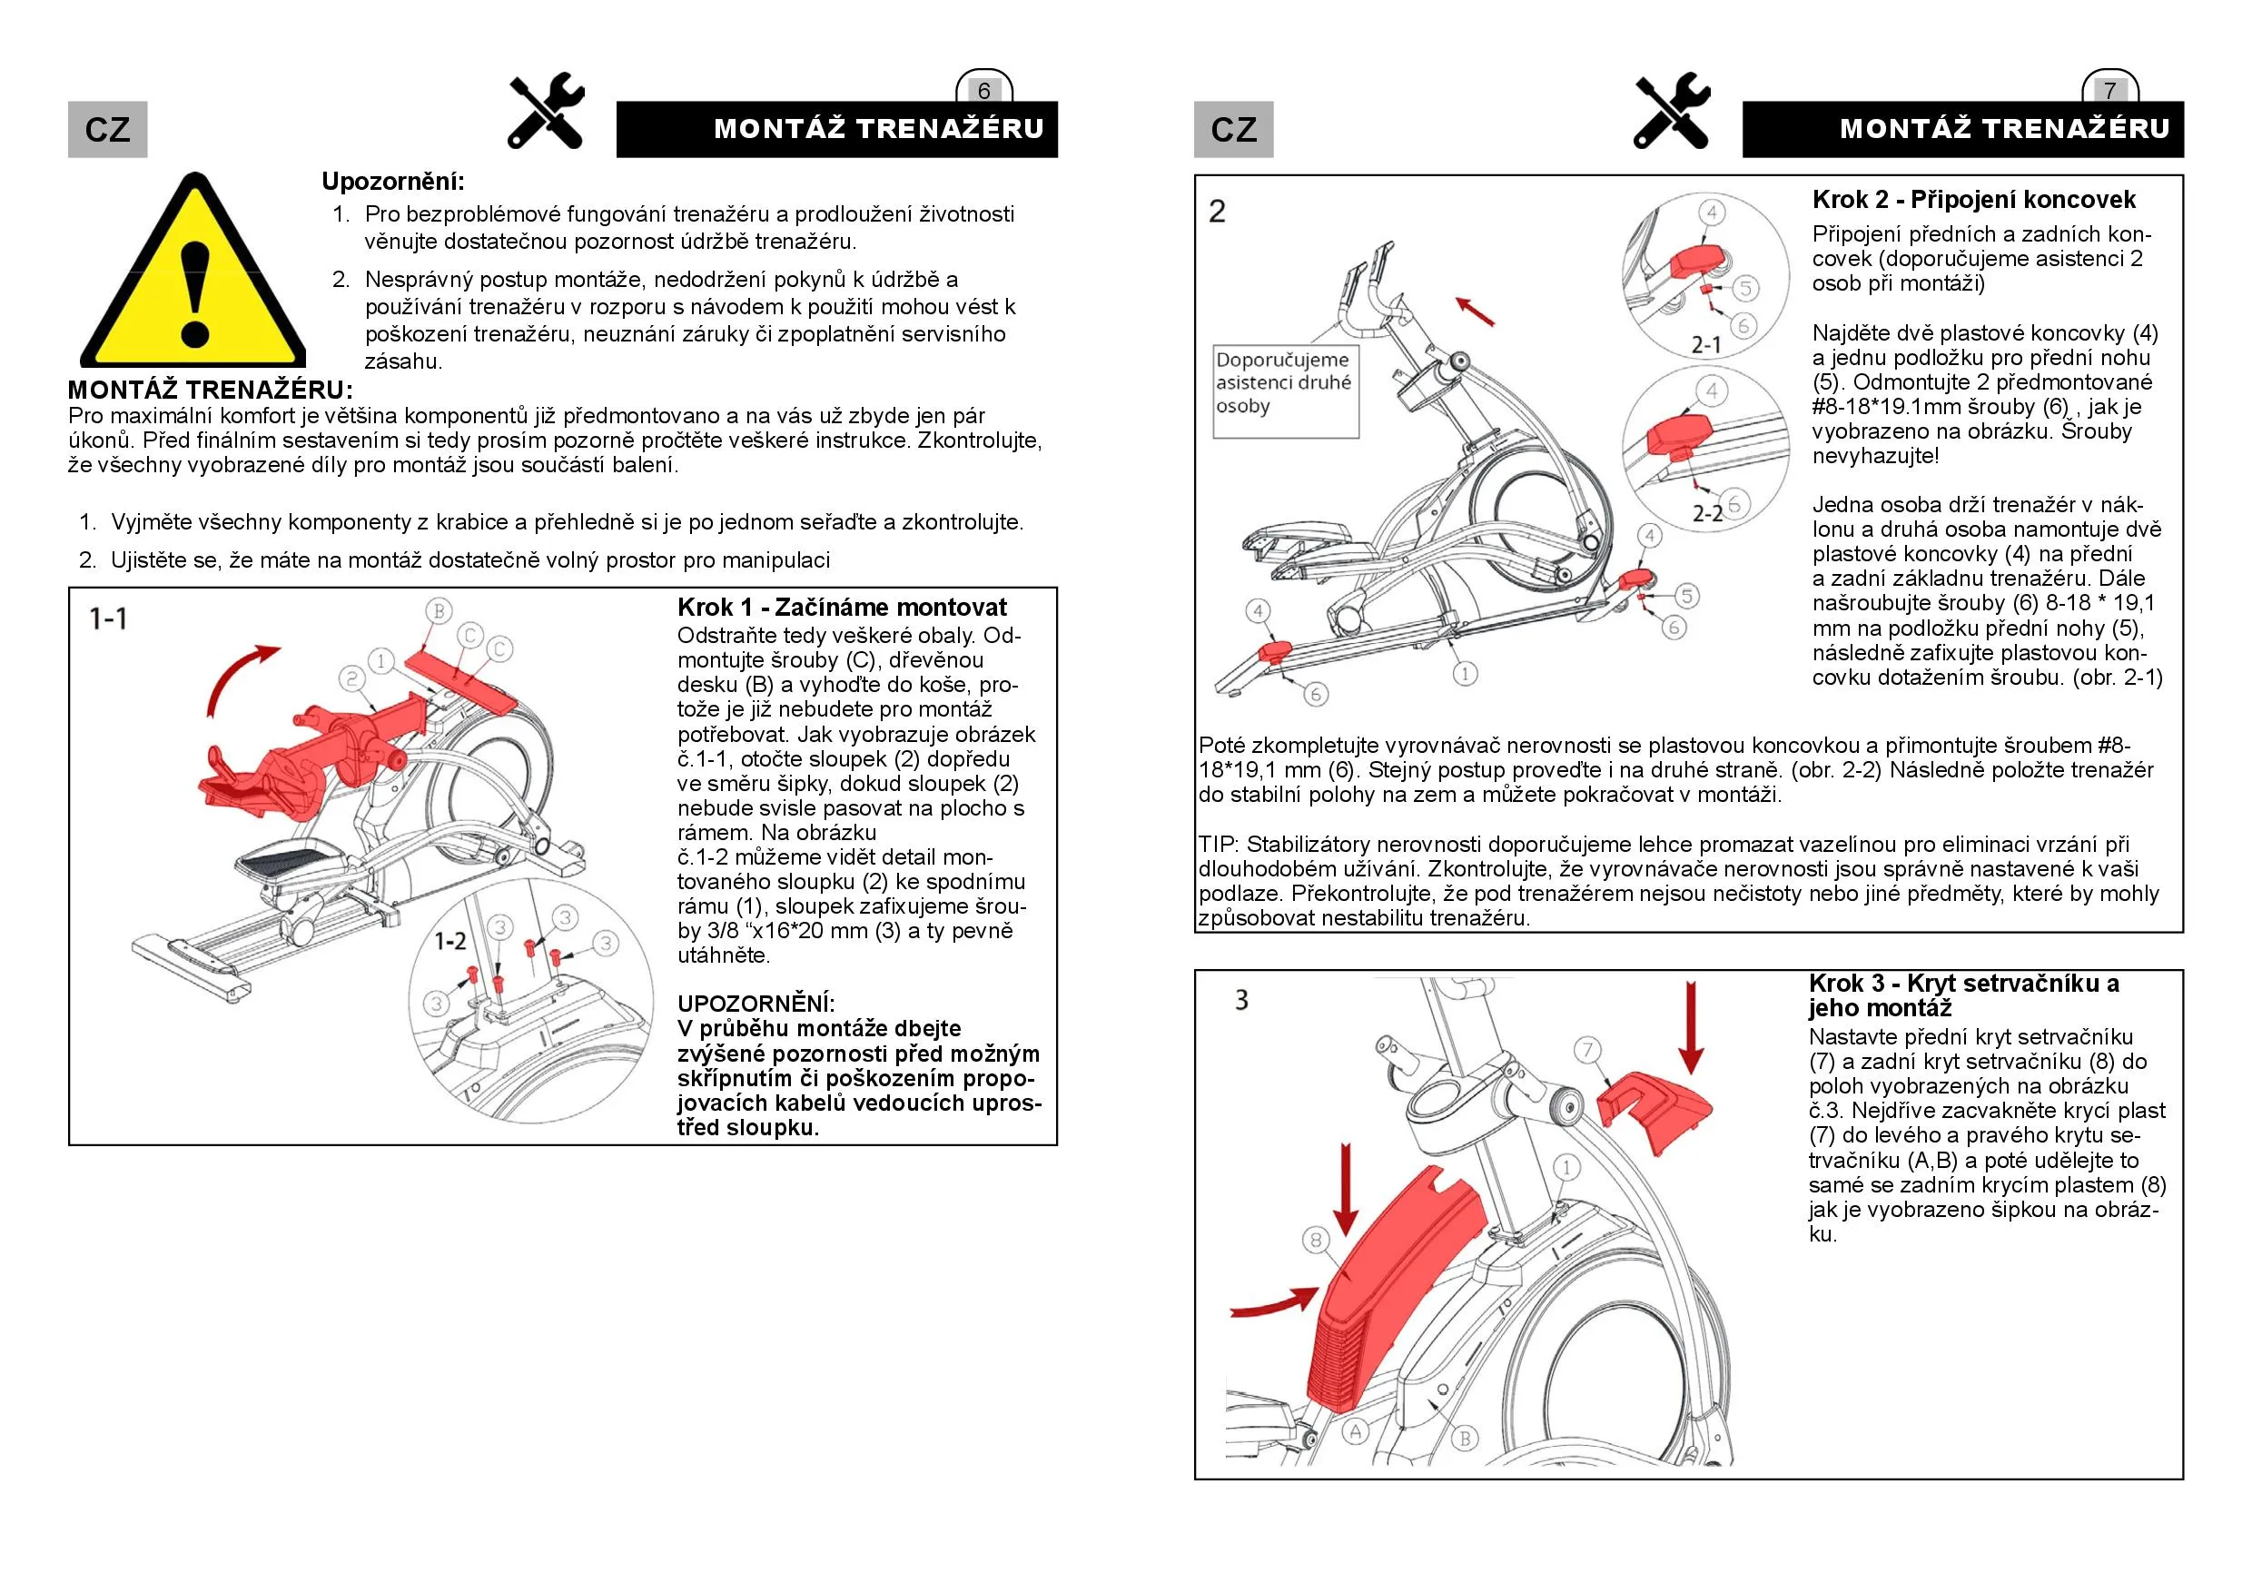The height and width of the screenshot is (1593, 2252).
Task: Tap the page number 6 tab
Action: tap(983, 90)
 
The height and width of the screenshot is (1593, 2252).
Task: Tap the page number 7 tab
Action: tap(2109, 90)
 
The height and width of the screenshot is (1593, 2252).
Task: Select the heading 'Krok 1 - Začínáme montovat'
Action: tap(842, 608)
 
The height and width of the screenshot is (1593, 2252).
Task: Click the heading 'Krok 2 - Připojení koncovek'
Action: tap(1972, 200)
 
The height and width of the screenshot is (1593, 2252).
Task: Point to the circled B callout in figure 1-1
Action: tap(439, 611)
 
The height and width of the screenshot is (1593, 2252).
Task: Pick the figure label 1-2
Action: tap(450, 942)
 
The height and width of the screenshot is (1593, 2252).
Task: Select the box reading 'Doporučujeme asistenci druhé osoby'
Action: tap(1285, 391)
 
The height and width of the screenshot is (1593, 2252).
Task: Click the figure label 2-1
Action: tap(1705, 344)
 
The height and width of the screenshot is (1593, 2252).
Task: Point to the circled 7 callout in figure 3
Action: tap(1588, 1050)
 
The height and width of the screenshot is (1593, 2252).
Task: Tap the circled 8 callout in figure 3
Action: tap(1317, 1240)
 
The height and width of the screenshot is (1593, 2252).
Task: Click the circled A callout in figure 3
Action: tap(1356, 1431)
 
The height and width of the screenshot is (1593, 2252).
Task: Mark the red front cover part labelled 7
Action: tap(1654, 1108)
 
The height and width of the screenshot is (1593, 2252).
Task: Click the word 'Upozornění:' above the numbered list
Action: tap(393, 182)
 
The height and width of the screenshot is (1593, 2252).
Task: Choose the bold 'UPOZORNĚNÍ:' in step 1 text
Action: tap(756, 1004)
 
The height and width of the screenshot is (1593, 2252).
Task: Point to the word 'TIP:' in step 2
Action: tap(1219, 845)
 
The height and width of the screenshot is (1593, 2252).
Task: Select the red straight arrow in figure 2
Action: tap(1476, 311)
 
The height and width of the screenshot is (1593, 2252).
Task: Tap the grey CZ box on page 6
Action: tap(108, 130)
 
